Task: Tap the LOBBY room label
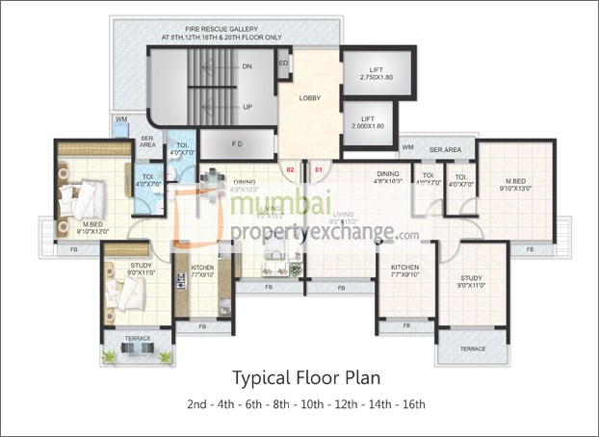(309, 97)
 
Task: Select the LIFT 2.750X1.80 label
(378, 72)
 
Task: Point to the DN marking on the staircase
(247, 67)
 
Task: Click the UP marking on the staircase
(247, 106)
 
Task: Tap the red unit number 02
(289, 169)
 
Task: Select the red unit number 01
(318, 169)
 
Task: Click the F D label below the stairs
(236, 145)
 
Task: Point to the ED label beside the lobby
(283, 64)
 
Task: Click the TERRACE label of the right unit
(472, 348)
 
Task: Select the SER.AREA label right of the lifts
(446, 149)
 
